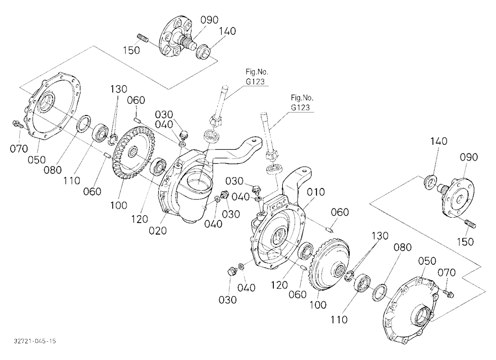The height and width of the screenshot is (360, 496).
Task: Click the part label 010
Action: (x=315, y=192)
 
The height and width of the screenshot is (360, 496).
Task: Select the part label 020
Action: (x=158, y=231)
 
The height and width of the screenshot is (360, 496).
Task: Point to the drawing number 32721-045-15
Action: (x=35, y=341)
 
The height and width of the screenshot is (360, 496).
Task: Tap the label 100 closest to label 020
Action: (x=119, y=205)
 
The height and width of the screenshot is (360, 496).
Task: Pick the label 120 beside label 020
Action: (x=139, y=219)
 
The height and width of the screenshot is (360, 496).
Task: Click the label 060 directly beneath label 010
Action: (x=340, y=212)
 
